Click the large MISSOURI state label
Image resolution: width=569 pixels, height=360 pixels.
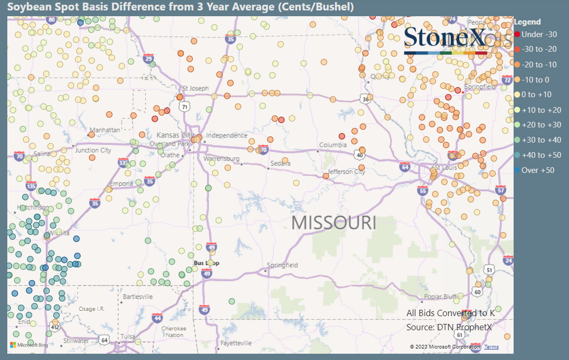pos(333,222)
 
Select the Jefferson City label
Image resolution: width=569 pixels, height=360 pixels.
pos(346,171)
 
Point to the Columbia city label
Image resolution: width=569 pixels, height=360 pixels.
pos(333,145)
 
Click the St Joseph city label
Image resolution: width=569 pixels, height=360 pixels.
pos(195,88)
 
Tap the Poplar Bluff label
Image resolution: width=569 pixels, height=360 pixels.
pos(440,297)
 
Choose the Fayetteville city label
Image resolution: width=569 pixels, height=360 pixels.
pos(236,343)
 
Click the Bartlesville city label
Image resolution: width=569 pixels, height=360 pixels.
pos(137,297)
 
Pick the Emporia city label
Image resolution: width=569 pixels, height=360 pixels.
pos(121,183)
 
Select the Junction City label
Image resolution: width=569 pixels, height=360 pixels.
pos(93,150)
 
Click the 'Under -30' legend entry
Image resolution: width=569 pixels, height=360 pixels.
pos(539,34)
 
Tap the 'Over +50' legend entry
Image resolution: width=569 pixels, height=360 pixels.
pos(537,170)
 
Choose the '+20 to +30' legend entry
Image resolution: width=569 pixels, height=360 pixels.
pos(541,125)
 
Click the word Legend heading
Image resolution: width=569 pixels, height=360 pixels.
pos(527,22)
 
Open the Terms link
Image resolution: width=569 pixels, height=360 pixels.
pos(491,347)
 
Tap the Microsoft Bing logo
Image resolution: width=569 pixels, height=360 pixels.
pos(29,345)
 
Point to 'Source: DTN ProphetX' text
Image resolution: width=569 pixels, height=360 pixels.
pos(449,327)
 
